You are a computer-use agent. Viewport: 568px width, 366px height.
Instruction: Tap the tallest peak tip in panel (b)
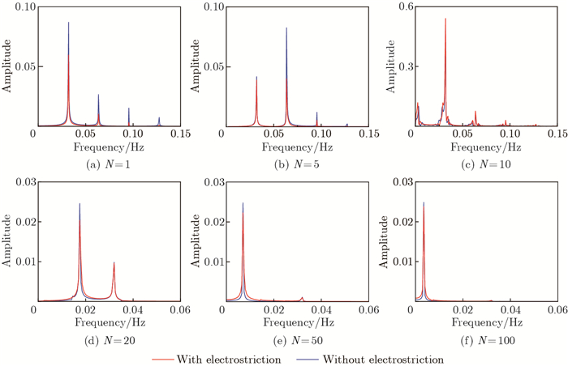coord(286,28)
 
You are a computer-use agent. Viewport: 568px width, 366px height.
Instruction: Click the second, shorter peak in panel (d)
coord(114,262)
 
